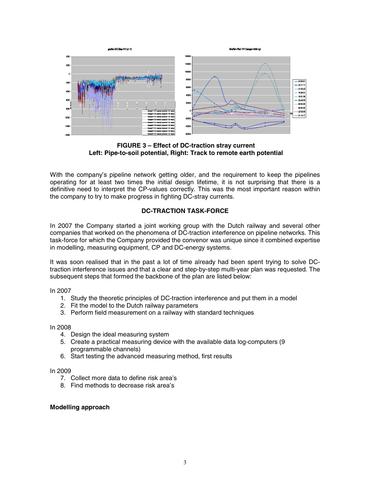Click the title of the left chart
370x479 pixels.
click(x=122, y=49)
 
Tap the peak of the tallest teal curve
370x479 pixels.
click(x=265, y=63)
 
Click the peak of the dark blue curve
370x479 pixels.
click(x=215, y=76)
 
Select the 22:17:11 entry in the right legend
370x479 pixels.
click(x=301, y=85)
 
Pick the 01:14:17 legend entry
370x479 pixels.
click(x=301, y=115)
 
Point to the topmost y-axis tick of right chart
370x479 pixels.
click(x=188, y=56)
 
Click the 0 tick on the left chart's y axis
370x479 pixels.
click(x=69, y=74)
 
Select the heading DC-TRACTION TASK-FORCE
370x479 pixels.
click(x=185, y=211)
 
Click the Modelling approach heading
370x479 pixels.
click(x=79, y=407)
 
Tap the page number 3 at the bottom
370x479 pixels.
click(x=185, y=462)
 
